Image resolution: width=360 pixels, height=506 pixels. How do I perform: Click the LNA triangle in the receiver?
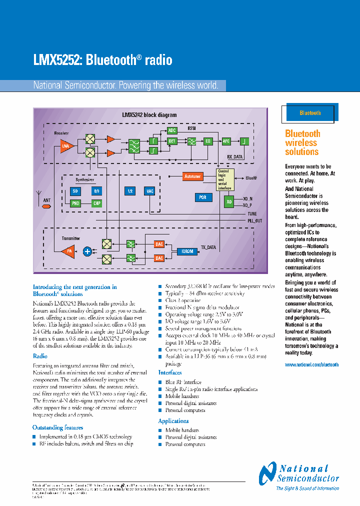[66, 146]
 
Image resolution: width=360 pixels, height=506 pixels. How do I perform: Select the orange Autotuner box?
[192, 176]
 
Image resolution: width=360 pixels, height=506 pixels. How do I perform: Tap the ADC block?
[172, 130]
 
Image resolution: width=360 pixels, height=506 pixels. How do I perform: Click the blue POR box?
[202, 197]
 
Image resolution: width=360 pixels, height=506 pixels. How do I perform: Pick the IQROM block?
[187, 251]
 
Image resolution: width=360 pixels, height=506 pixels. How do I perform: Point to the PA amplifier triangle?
[68, 251]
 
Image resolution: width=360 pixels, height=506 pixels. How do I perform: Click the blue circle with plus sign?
[87, 251]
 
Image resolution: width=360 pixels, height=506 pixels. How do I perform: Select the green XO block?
[229, 202]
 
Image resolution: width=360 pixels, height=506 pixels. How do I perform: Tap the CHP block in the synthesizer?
[96, 203]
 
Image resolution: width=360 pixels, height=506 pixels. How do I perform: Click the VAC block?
[149, 191]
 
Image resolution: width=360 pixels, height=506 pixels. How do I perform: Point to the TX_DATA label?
[208, 247]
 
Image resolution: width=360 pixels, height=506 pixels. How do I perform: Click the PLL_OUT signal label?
[254, 220]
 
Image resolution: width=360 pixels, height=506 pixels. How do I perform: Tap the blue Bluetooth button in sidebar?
[310, 113]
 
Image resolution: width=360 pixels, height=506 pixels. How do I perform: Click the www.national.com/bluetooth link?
[311, 365]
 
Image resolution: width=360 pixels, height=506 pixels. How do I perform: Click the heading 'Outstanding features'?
[58, 427]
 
